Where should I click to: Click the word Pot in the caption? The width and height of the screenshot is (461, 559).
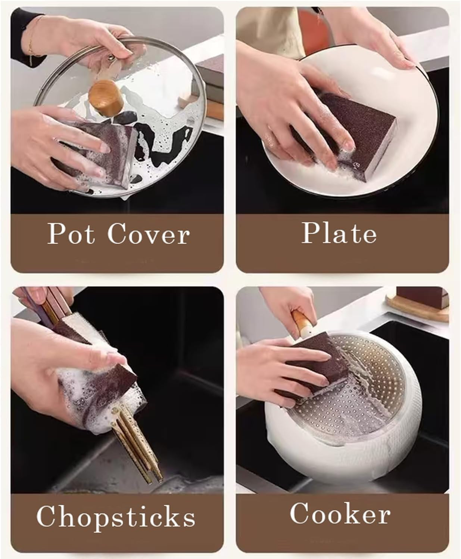(71, 233)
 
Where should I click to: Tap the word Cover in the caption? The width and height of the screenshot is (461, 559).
(149, 234)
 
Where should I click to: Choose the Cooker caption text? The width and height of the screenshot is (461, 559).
(340, 513)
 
